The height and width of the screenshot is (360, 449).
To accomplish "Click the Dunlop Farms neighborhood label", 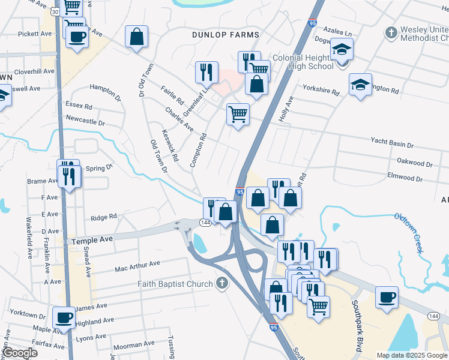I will point(226,35).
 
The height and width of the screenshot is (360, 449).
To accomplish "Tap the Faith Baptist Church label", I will point(175,284).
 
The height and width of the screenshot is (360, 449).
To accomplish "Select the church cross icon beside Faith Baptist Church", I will point(222,283).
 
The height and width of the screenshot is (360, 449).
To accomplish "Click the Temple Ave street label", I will point(92,239).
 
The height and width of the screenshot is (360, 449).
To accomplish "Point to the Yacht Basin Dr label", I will point(393,145).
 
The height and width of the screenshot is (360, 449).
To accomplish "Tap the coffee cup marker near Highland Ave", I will point(64,318).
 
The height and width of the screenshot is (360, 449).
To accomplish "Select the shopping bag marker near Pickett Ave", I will point(137,37).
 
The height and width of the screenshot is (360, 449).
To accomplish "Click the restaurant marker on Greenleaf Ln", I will point(206,72).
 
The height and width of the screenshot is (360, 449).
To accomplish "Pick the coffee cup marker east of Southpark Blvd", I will point(387,297).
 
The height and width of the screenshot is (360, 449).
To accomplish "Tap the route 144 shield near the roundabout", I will point(205,222).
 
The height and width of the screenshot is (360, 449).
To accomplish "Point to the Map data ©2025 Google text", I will point(411,355).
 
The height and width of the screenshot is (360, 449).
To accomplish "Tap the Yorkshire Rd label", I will point(321,94).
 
